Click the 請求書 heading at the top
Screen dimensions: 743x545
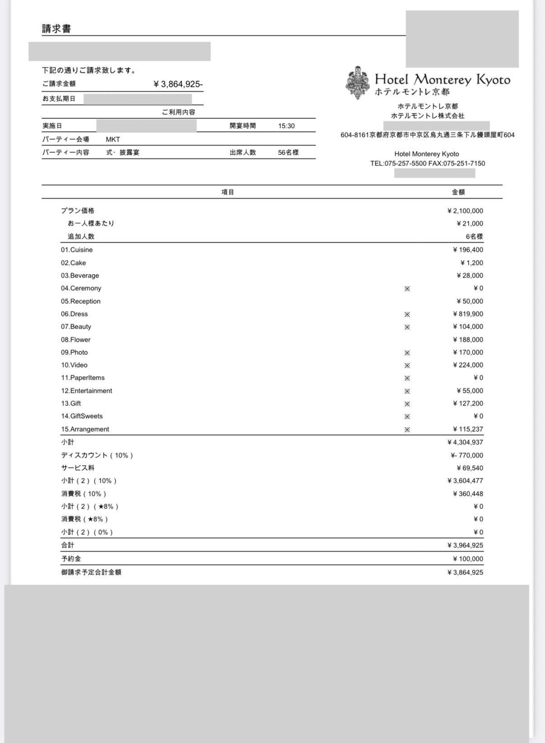coord(56,29)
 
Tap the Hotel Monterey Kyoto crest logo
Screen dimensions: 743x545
coord(358,83)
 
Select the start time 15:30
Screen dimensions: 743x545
coord(286,126)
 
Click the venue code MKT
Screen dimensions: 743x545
coord(113,139)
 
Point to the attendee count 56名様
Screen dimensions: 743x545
coord(288,153)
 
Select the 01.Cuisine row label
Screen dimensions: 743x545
coord(77,250)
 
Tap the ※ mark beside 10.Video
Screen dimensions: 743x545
coord(407,365)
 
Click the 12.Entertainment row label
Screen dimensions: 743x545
coord(86,391)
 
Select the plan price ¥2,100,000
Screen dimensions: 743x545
coord(465,211)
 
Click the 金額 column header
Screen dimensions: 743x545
coord(458,192)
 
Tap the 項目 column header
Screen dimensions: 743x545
coord(228,192)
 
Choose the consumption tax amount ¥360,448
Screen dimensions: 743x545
coord(468,494)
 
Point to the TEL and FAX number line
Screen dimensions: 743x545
coord(428,164)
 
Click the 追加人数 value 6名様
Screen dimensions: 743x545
coord(474,236)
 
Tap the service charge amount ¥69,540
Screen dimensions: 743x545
coord(470,468)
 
